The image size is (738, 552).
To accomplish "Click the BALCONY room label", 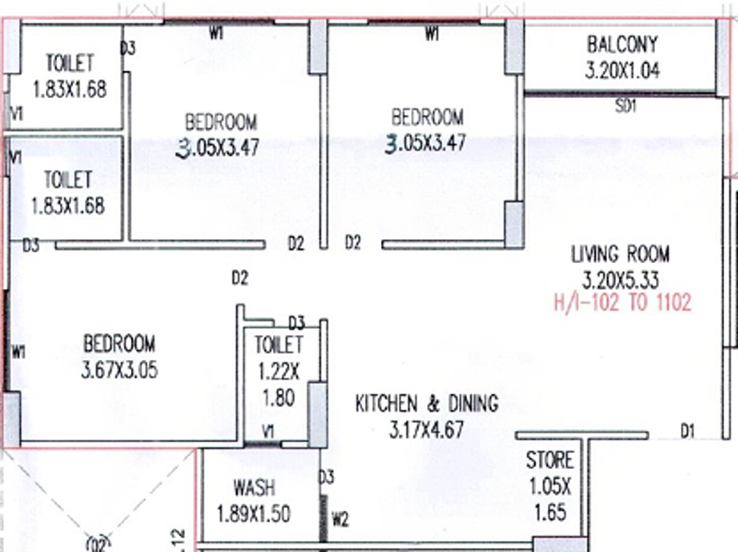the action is (x=622, y=44).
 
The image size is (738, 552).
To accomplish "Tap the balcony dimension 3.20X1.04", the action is (x=622, y=71).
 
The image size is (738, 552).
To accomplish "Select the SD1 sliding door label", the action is (x=626, y=106).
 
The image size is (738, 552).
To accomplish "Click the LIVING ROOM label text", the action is (x=620, y=255).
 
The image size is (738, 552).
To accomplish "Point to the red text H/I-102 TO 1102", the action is (x=622, y=303).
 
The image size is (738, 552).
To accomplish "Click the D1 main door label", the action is (x=687, y=430).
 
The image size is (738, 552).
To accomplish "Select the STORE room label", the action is (x=550, y=461).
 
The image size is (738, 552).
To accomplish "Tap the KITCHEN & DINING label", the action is (x=426, y=404).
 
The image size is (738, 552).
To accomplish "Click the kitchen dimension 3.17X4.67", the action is (x=426, y=430).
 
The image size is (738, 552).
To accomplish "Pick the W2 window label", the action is (x=339, y=520).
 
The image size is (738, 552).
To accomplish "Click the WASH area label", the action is (x=255, y=488).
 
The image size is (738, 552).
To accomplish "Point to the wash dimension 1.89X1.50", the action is (x=254, y=514).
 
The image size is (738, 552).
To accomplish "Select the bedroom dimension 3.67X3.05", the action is (x=120, y=370).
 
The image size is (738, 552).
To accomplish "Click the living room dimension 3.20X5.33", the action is (x=620, y=281).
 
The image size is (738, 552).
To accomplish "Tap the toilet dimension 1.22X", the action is (x=279, y=373).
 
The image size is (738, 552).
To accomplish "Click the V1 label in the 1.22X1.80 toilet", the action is (x=268, y=432).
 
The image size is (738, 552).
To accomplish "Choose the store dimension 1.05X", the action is (x=550, y=486).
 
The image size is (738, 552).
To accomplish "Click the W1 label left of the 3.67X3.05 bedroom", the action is (x=18, y=352).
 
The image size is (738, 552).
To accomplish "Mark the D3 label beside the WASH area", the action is (x=327, y=477).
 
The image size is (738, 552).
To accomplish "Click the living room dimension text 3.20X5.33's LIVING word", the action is (x=594, y=255).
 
